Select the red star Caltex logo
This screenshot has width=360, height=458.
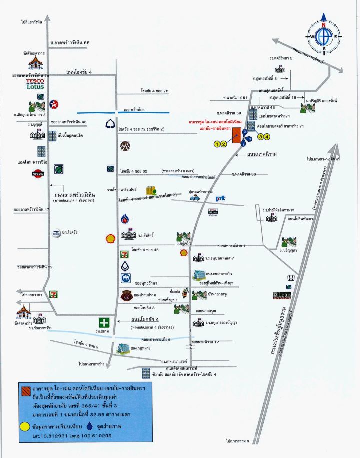[x=55, y=104]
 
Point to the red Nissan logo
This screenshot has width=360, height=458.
[x=38, y=174]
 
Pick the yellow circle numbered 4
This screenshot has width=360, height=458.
[x=267, y=136]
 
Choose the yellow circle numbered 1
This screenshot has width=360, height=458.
[x=217, y=144]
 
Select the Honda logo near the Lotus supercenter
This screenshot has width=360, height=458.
[x=289, y=278]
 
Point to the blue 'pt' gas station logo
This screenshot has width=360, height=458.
[x=220, y=198]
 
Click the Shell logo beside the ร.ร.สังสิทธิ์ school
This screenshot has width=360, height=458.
[x=110, y=239]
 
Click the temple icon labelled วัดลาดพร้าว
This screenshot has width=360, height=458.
[x=23, y=312]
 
